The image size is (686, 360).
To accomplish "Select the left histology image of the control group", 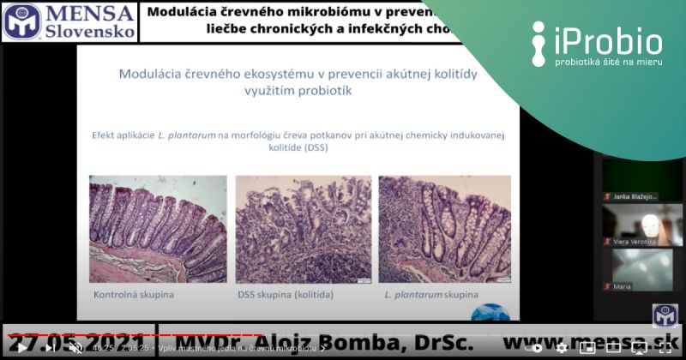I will click(x=158, y=230).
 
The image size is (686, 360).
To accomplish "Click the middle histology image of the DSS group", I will click(x=303, y=230).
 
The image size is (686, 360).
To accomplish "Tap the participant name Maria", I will click(x=623, y=286).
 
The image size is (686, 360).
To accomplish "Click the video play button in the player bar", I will click(x=21, y=348).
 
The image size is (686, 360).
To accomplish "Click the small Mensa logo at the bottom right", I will click(x=665, y=315).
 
